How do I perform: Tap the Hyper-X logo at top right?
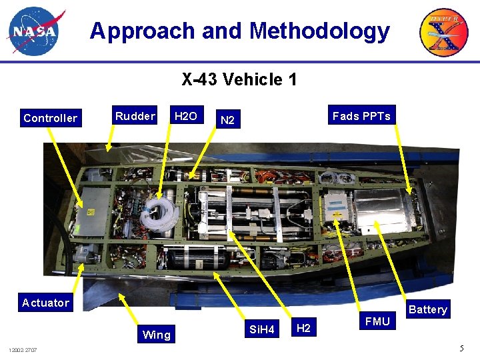point(443,32)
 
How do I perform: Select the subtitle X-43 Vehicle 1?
point(239,80)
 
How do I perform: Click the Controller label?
point(50,118)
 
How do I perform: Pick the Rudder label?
point(135,116)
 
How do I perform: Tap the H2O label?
point(185,116)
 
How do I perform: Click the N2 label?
point(227,121)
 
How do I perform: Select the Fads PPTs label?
point(361,116)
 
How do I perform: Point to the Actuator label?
point(45,303)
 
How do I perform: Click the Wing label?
point(157,335)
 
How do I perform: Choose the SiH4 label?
point(261,329)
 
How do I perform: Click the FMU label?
point(377,321)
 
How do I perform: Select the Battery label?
point(428,309)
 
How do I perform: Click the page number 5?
point(461,348)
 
